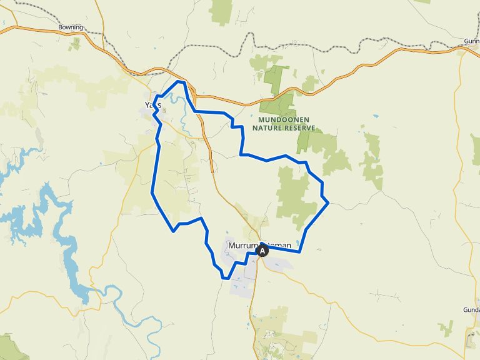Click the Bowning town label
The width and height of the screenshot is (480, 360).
pos(70,27)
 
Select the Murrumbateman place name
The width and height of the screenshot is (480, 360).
pos(259,246)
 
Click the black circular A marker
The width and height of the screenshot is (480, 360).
pos(262,251)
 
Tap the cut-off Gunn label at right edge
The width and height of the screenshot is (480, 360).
pos(472,41)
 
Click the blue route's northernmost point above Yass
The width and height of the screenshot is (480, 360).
pos(181,81)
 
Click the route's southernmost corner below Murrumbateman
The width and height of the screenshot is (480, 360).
pos(224,277)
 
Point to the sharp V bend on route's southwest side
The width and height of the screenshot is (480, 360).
pos(173,231)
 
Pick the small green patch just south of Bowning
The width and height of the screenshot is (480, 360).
pos(76,43)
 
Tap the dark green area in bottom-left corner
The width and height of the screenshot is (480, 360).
pos(11,347)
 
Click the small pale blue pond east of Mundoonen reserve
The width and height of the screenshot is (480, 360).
pos(377,117)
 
